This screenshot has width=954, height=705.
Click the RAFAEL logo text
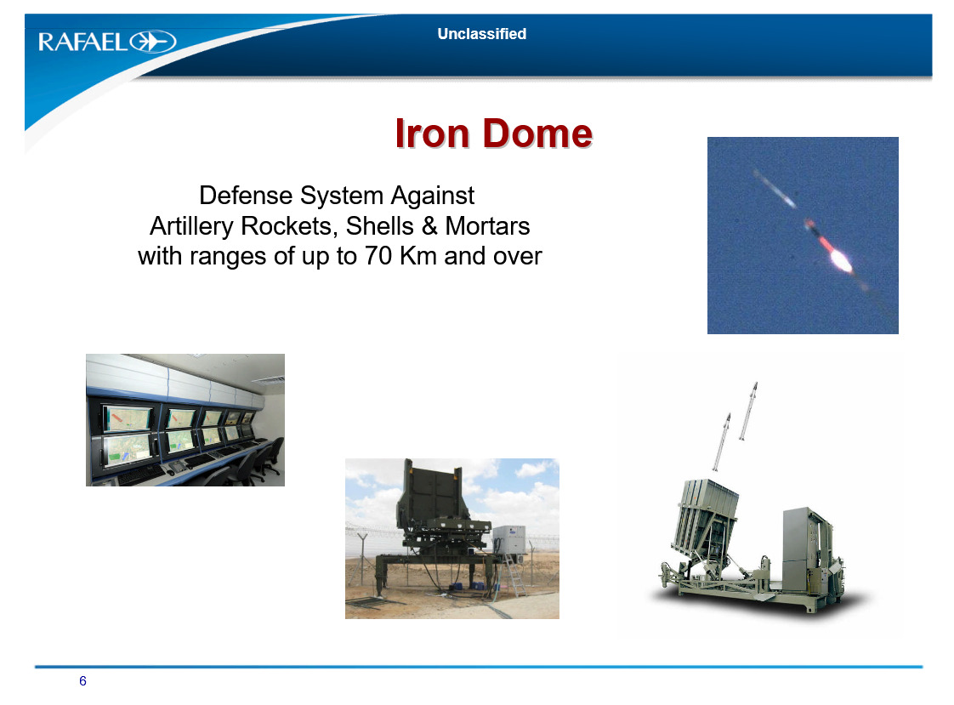click(x=82, y=42)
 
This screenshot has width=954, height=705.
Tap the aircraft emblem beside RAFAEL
click(x=153, y=42)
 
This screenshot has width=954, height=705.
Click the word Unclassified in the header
click(x=482, y=34)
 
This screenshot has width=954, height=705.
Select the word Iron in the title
click(x=433, y=134)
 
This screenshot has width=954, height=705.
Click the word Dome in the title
click(x=538, y=134)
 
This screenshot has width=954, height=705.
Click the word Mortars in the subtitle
click(x=487, y=226)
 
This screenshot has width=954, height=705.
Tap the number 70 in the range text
click(x=378, y=256)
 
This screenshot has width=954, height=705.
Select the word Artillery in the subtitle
click(x=191, y=227)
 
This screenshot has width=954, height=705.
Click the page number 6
click(x=82, y=680)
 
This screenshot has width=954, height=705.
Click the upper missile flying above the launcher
click(x=747, y=411)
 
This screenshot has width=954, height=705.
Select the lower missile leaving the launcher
click(x=721, y=441)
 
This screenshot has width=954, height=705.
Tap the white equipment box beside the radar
click(x=509, y=539)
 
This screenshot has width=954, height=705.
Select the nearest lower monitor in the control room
click(x=128, y=450)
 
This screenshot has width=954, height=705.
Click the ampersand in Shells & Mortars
click(x=429, y=226)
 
